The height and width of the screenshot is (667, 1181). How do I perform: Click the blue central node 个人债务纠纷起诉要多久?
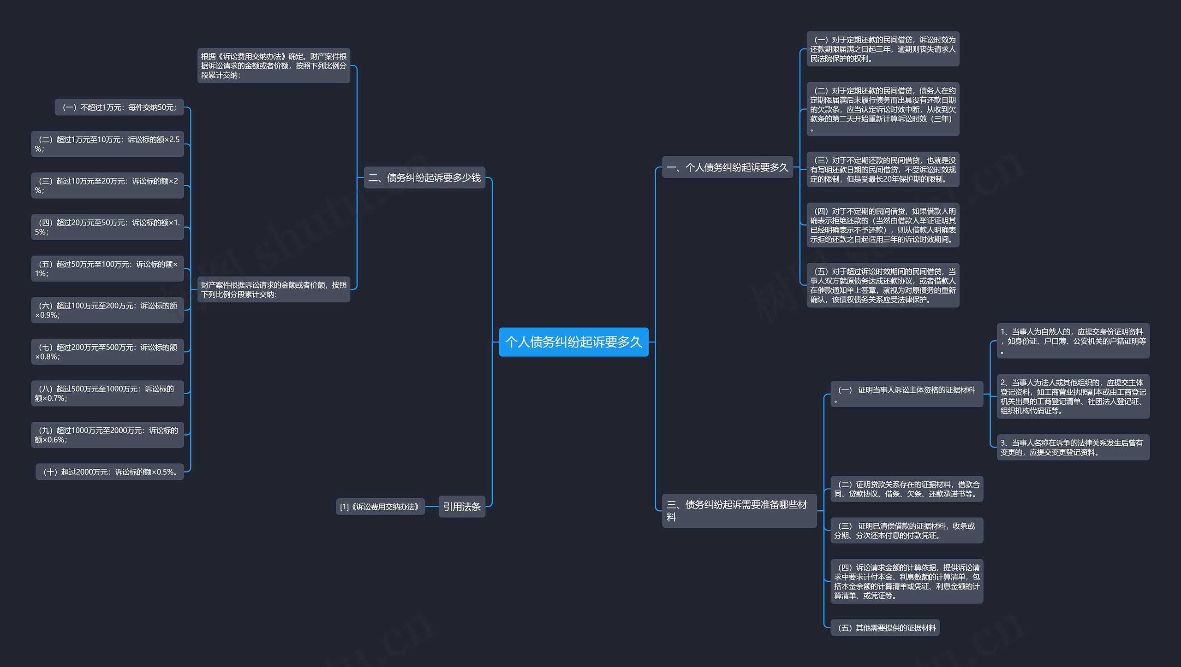(x=573, y=342)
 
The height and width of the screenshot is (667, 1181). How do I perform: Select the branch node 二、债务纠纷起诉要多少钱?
(x=424, y=177)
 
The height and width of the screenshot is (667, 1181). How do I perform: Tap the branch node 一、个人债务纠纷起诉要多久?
(x=728, y=167)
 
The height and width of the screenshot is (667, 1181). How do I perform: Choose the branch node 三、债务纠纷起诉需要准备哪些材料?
(x=740, y=511)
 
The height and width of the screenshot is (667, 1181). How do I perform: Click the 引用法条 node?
(x=462, y=507)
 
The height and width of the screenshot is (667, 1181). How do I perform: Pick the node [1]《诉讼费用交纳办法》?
(x=380, y=507)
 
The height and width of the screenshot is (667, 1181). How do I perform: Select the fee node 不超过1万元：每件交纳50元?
(x=119, y=107)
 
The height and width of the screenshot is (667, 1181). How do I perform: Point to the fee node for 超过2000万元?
(x=110, y=472)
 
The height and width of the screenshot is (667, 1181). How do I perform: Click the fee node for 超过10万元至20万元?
(x=107, y=185)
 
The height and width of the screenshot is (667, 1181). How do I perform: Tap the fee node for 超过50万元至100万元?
(x=107, y=268)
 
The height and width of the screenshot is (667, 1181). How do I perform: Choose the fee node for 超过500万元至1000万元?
(x=107, y=393)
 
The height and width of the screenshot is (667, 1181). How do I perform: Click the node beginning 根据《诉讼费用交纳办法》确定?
(x=274, y=65)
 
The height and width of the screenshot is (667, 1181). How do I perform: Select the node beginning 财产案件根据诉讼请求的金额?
(x=274, y=289)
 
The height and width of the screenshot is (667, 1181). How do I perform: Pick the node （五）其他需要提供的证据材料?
(x=885, y=627)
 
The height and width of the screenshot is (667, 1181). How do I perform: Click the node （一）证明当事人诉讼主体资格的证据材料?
(x=907, y=394)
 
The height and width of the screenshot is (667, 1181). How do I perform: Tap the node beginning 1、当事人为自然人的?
(x=1073, y=341)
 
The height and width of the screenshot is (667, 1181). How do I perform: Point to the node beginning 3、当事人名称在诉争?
(x=1073, y=447)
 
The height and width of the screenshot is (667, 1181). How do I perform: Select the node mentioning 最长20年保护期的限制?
(x=883, y=169)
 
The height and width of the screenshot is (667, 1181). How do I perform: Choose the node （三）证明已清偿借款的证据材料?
(x=907, y=531)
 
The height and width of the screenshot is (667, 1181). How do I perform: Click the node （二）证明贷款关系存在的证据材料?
(x=907, y=489)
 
